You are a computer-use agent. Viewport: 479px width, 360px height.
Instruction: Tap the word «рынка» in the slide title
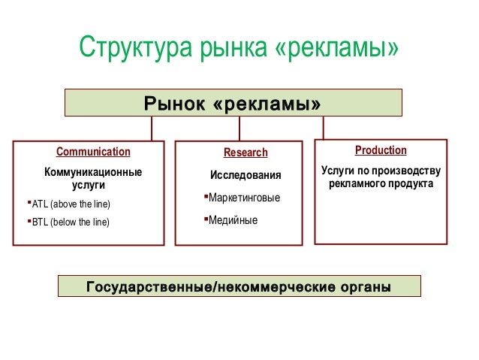[x=230, y=50]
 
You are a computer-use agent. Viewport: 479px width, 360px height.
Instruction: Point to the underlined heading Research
[x=246, y=153]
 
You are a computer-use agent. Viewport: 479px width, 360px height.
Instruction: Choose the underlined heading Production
[x=381, y=150]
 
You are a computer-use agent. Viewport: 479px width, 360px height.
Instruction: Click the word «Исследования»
[x=246, y=176]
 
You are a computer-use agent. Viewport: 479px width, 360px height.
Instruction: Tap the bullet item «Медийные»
[x=233, y=220]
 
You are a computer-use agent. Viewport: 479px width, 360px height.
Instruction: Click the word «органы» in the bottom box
[x=364, y=286]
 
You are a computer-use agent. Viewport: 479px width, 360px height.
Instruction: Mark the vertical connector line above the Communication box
[x=152, y=129]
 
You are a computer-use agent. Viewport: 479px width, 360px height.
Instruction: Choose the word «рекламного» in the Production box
[x=355, y=183]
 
